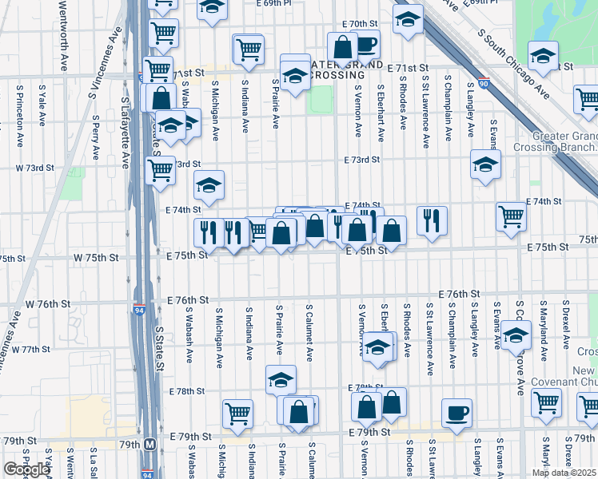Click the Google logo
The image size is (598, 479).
point(26,469)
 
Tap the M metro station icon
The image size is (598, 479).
point(149,444)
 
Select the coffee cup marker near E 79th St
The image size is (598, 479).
point(456,414)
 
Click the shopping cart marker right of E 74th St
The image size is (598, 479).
point(511,216)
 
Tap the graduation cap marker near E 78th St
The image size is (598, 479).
point(281,381)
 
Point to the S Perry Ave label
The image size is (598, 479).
point(95,137)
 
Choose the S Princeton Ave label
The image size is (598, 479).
point(18,120)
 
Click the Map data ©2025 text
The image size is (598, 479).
point(562,473)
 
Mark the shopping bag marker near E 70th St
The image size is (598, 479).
point(342,47)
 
